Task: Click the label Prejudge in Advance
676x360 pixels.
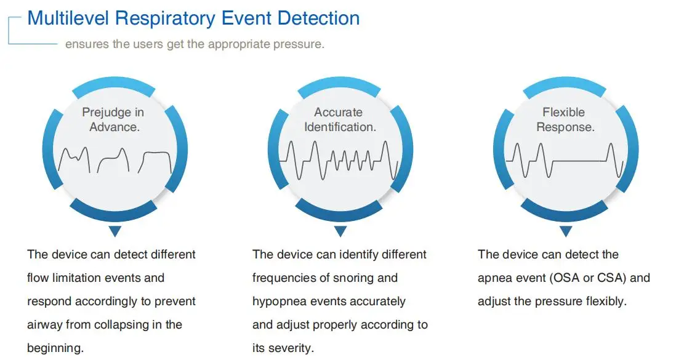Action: pos(113,119)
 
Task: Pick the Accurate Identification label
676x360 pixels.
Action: pos(339,119)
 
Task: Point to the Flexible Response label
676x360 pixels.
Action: pos(565,119)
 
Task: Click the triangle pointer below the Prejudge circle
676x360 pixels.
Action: pos(113,231)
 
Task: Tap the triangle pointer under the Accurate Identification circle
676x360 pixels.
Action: pos(339,231)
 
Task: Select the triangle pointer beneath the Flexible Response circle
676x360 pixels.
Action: pos(565,231)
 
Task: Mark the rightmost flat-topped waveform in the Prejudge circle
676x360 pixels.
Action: pos(156,161)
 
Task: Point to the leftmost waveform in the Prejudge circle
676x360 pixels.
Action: pos(74,160)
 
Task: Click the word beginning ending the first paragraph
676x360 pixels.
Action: pos(56,348)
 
